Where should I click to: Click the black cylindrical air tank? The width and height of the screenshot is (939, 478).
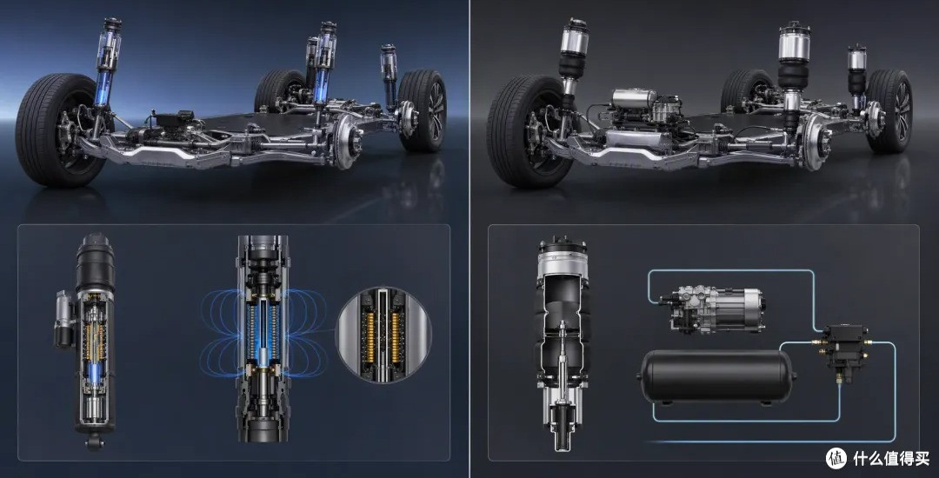(716, 376)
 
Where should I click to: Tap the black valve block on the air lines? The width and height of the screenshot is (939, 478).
(844, 347)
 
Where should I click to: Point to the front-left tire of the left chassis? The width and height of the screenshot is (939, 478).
(60, 130)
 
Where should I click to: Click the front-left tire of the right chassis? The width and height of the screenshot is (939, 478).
(530, 131)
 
